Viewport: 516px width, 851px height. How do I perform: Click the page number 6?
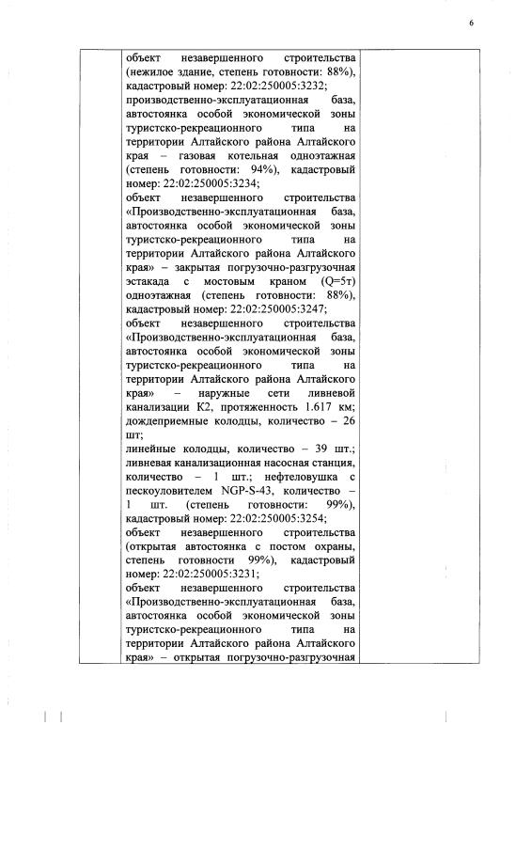(471, 22)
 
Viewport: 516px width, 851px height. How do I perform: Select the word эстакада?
(150, 281)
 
